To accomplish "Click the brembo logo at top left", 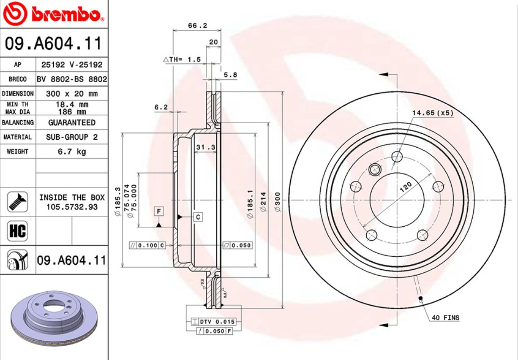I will click(53, 15).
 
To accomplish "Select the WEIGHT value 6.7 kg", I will click(72, 151).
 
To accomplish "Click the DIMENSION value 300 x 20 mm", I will click(72, 94).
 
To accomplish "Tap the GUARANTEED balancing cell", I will click(72, 123).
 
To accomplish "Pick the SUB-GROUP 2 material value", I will click(72, 137).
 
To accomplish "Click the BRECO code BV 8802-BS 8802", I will click(72, 79).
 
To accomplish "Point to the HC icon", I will click(17, 231).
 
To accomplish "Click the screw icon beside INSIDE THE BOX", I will click(17, 202).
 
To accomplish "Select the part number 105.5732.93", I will click(72, 207).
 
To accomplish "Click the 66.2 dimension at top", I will click(197, 26).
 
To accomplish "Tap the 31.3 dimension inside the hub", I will click(206, 147).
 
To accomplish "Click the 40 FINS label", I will click(445, 317).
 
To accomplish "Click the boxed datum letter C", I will click(198, 217).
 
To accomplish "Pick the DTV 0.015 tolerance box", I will click(213, 321).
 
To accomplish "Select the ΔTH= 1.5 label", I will click(182, 59).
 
